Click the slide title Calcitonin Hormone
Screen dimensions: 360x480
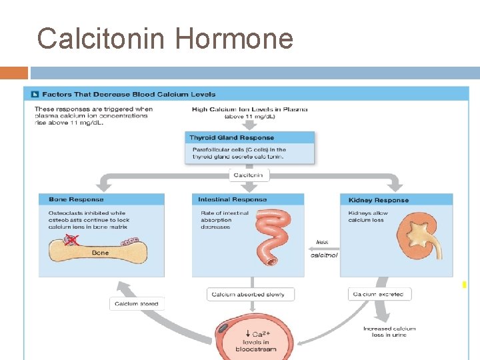165,39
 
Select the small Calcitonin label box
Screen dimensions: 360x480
249,175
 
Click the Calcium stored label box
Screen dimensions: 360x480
137,304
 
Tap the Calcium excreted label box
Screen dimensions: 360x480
379,294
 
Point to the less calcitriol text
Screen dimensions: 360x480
323,249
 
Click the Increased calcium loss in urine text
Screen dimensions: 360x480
389,331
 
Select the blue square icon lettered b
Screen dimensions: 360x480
35,95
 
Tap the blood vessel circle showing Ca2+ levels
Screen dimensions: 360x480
252,337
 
